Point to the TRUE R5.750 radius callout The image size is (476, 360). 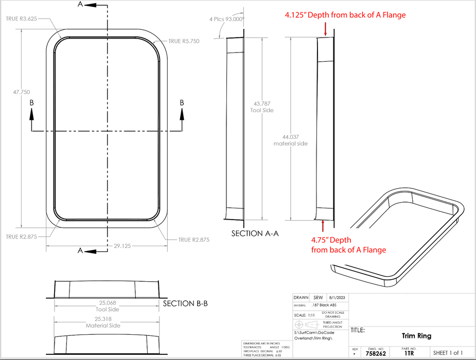click(x=184, y=41)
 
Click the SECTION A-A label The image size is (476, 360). click(x=255, y=233)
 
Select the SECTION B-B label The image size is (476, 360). click(x=185, y=304)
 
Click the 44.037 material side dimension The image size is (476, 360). click(x=291, y=140)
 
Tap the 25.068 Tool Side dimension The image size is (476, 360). click(x=107, y=305)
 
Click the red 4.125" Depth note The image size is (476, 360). click(x=345, y=15)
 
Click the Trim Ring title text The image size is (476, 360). click(x=416, y=336)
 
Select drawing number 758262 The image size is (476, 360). click(x=376, y=354)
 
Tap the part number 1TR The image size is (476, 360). click(x=410, y=354)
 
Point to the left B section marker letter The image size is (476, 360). click(x=32, y=103)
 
